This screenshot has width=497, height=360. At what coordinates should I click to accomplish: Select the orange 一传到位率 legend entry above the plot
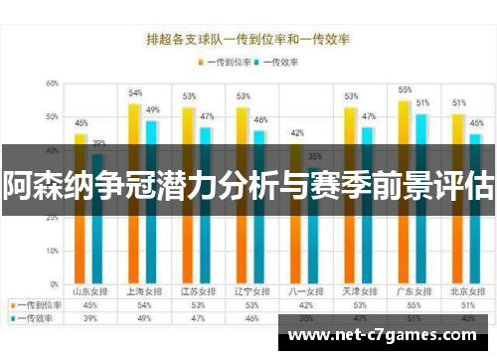point(231,62)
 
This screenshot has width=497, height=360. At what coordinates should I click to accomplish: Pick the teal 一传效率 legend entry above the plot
point(279,62)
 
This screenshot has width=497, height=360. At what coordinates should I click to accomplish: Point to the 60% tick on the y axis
point(51,84)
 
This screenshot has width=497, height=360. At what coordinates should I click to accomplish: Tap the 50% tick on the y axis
point(51,117)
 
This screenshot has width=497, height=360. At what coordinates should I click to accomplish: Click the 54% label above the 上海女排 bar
point(135,92)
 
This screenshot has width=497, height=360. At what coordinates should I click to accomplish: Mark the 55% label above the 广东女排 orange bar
point(405,90)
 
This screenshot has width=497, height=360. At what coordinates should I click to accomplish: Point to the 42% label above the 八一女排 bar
point(296,132)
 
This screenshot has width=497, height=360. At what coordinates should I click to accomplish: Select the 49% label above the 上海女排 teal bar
point(153,109)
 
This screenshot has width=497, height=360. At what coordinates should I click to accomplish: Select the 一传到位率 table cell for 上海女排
point(144,305)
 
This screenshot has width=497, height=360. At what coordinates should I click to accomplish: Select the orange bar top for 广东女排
point(405,102)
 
